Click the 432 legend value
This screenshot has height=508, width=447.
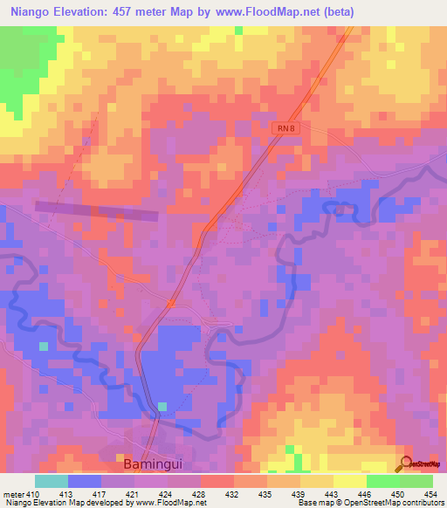tap(234, 492)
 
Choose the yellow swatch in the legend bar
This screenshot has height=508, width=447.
tap(350, 481)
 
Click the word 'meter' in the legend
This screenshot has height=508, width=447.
tap(11, 492)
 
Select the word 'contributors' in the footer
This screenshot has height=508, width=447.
tap(422, 502)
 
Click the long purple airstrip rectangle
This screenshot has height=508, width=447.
tap(96, 210)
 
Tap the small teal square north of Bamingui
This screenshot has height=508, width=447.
tap(162, 407)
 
